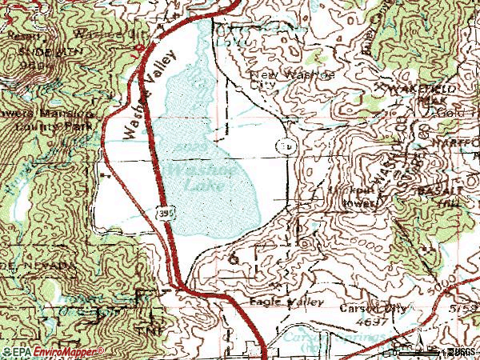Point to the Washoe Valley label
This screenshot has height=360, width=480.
149,96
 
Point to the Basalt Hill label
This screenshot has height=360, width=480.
456,197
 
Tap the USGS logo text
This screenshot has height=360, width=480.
460,351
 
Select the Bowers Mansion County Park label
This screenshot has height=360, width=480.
48,120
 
